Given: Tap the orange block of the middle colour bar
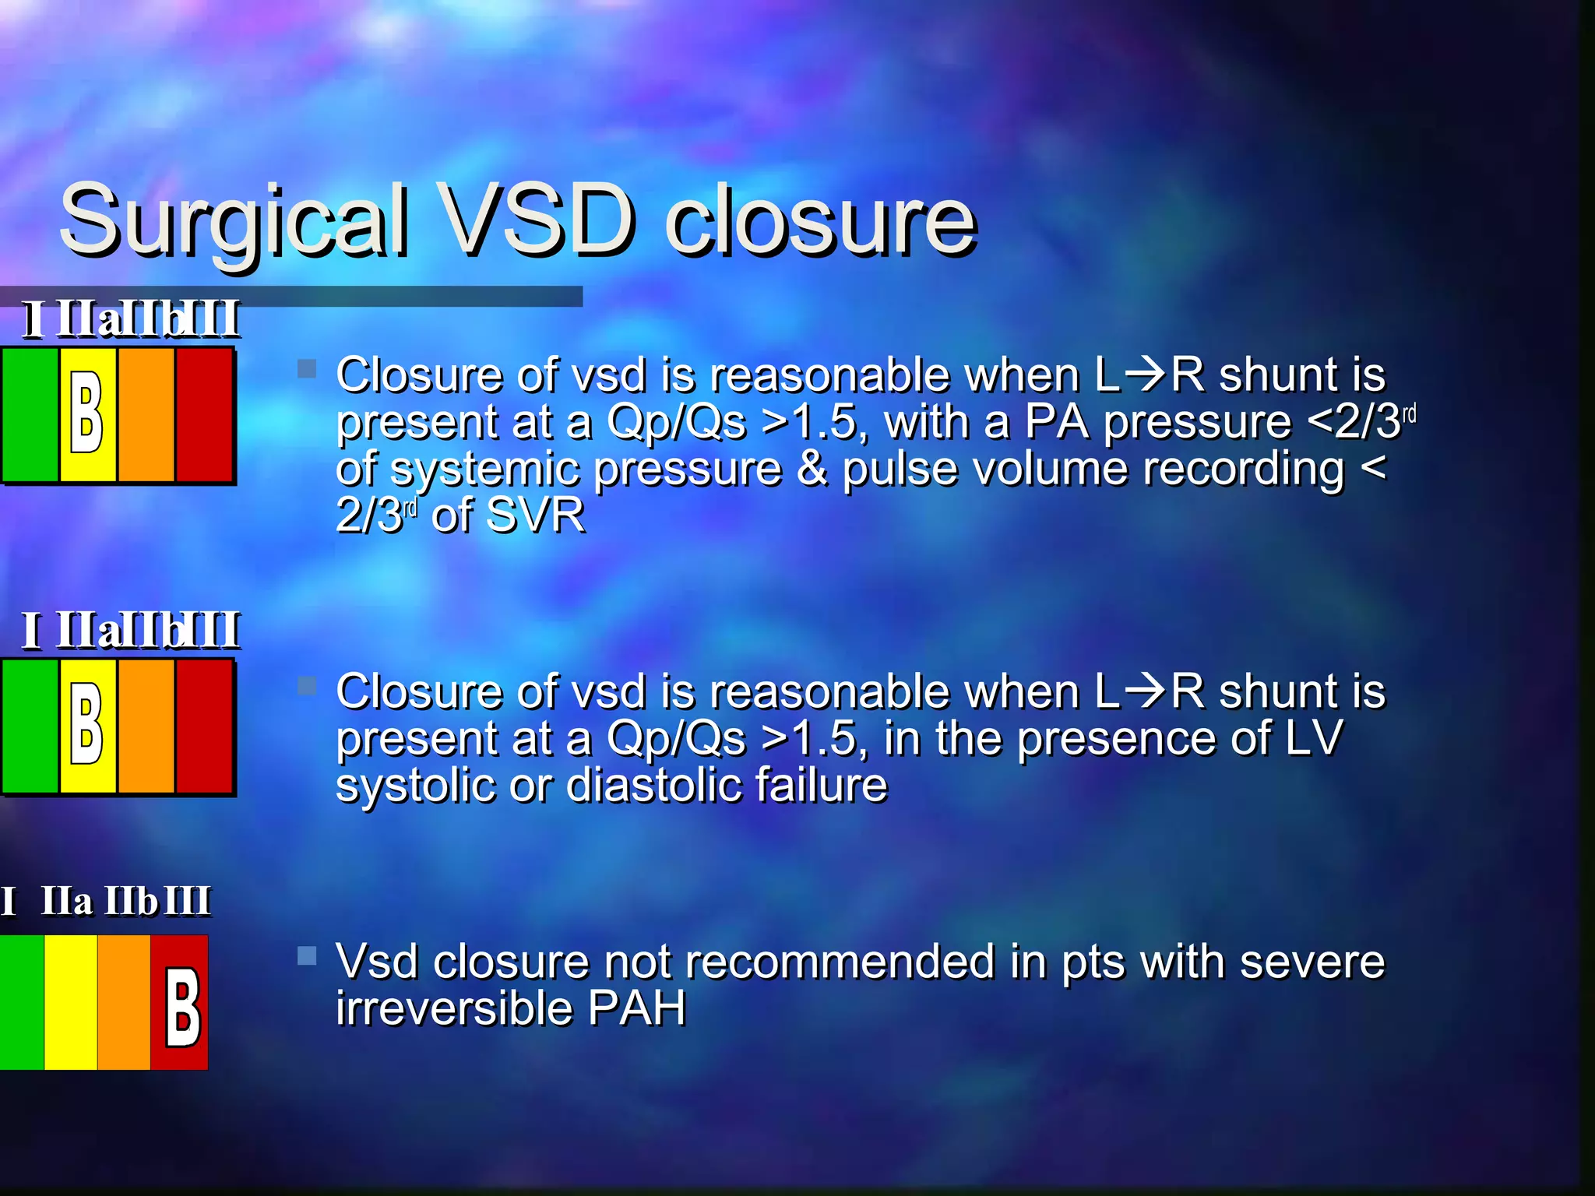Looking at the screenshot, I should click(x=146, y=726).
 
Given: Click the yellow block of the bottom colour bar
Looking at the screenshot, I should click(x=70, y=1003).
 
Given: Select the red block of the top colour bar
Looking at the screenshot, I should click(x=204, y=415).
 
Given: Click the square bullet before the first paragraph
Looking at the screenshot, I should click(x=307, y=368).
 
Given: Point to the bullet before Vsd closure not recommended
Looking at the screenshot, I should click(x=307, y=955).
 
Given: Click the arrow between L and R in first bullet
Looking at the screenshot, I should click(x=1145, y=375).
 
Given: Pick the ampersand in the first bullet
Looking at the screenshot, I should click(x=812, y=470).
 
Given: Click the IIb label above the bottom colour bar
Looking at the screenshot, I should click(x=131, y=902).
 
